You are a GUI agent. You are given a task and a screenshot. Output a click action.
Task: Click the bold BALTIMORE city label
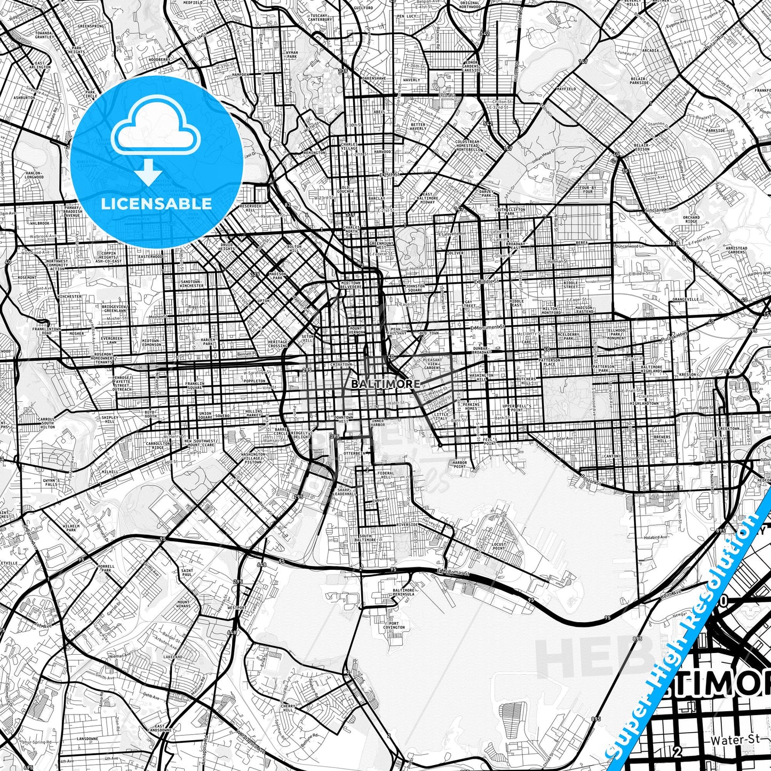point(385,384)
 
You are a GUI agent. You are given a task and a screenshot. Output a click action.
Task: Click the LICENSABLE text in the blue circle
point(156,203)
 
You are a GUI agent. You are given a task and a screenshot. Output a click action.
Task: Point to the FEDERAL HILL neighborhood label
point(385,475)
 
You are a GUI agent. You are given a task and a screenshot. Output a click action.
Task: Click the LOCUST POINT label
point(498,546)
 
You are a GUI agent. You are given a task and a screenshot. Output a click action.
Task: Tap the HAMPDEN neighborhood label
point(241,75)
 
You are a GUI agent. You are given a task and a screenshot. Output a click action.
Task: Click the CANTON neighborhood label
point(611,456)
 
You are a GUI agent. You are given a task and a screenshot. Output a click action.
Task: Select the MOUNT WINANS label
point(183,603)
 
